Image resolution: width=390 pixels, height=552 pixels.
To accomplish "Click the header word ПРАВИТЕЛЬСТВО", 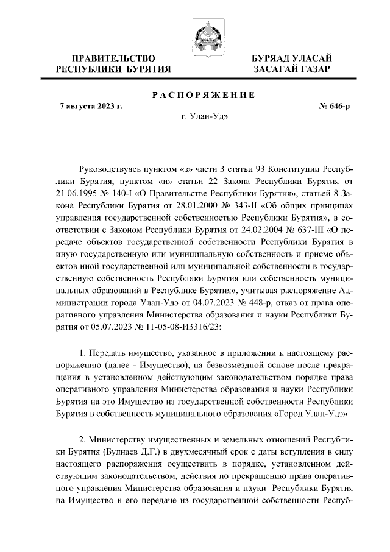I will pyautogui.click(x=113, y=58).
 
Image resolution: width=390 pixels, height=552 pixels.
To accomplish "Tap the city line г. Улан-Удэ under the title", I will pyautogui.click(x=204, y=117).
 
